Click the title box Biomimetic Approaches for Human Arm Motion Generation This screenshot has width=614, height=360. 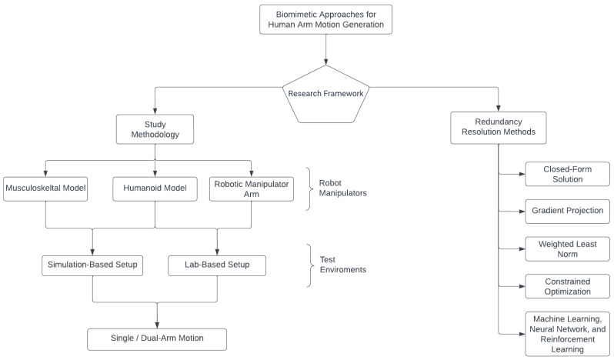coord(325,19)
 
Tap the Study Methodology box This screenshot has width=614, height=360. coord(155,129)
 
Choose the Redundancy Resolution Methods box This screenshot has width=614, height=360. coord(498,128)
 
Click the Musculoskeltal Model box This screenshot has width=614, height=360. coord(45,189)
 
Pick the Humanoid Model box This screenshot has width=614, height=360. coord(155,189)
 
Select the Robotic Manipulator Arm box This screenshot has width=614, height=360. coord(252,189)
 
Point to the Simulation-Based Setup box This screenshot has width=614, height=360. coord(92,265)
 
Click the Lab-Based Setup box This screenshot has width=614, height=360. coord(217,265)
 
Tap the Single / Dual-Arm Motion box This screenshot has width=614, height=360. coord(157,339)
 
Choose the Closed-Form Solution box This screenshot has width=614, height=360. coord(567,174)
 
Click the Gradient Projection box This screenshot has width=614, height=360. coord(567,212)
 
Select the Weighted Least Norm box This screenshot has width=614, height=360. coord(567,249)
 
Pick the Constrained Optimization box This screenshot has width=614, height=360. coord(567,286)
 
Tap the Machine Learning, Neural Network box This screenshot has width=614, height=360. coord(567,334)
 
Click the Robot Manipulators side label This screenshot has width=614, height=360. coord(342,188)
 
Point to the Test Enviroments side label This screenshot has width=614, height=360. coord(342,265)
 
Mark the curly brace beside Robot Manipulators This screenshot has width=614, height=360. coord(310,189)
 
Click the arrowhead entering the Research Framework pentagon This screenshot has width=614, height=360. coord(325,62)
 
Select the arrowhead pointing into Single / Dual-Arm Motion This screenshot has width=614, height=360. coord(157,325)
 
